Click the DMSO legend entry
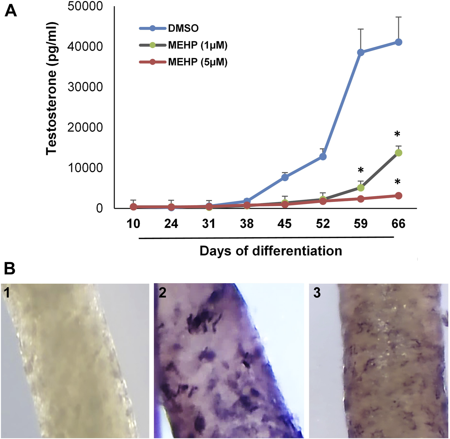pos(183,28)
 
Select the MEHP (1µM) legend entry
pos(197,45)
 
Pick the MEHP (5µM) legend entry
pos(197,62)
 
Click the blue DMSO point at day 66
pos(398,42)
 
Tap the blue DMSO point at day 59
pos(360,52)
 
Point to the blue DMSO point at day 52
pos(323,156)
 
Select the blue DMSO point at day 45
pos(285,177)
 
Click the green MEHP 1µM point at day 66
pos(398,153)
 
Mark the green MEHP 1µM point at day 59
pos(360,188)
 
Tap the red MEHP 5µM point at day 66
pos(398,196)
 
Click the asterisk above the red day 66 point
pos(397,182)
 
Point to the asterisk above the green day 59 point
pos(360,171)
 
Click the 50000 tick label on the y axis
pos(85,6)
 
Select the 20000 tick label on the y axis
pos(85,127)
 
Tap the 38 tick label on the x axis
pos(247,224)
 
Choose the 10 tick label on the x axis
pos(133,224)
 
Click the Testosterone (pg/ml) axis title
pos(52,89)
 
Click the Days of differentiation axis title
pos(270,251)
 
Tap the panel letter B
pos(9,268)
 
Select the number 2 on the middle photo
pos(162,293)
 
